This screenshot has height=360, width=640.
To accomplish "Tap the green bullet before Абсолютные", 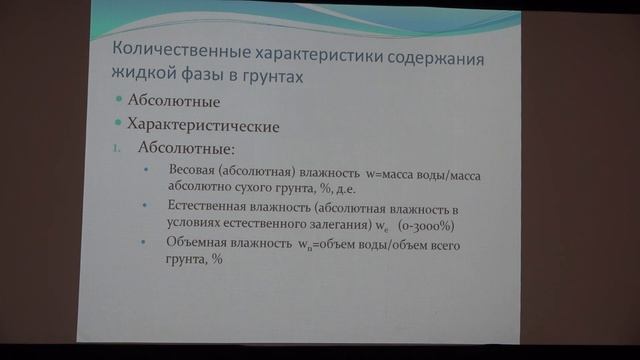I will coord(119,101).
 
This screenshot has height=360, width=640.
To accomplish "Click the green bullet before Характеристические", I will coord(119,125).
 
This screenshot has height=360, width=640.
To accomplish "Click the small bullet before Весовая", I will coord(146,169).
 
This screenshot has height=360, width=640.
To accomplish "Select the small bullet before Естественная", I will coord(146,204).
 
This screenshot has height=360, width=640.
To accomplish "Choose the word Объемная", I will coord(199,243).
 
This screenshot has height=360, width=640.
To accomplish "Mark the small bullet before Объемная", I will coord(146,243).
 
